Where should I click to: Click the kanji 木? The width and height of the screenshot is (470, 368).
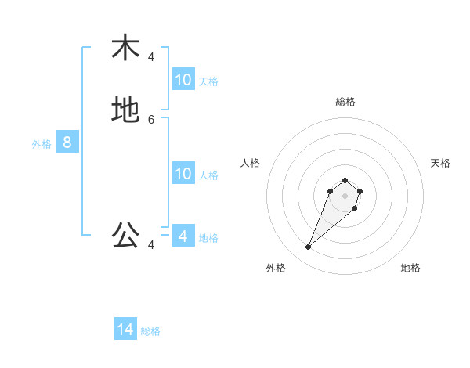tap(125, 48)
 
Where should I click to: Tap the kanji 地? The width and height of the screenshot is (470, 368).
tap(125, 110)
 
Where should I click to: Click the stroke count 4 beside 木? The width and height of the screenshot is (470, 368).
tap(151, 57)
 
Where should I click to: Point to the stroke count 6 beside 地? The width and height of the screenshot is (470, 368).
tap(151, 120)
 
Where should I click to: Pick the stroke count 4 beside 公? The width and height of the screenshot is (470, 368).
tap(151, 245)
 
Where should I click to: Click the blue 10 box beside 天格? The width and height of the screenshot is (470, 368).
tap(183, 80)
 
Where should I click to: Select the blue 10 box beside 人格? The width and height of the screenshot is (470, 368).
tap(183, 174)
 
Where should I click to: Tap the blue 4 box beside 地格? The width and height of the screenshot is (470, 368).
tap(183, 236)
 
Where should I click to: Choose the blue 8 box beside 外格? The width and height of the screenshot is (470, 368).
tap(67, 143)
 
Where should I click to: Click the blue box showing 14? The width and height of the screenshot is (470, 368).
tap(125, 330)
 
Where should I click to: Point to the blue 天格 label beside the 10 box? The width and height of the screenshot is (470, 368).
tap(208, 81)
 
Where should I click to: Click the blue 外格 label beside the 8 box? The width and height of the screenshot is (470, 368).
tap(42, 144)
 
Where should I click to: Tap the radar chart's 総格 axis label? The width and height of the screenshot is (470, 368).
tap(345, 102)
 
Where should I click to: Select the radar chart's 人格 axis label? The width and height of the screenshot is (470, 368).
tap(251, 163)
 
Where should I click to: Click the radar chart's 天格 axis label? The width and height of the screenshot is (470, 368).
tap(440, 163)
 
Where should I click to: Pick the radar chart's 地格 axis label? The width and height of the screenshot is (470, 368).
tap(410, 268)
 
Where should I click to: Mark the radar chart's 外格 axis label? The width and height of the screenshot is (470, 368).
tap(276, 268)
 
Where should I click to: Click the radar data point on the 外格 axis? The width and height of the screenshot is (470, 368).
tap(309, 247)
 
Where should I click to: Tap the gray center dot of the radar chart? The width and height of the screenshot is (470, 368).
tap(345, 196)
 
